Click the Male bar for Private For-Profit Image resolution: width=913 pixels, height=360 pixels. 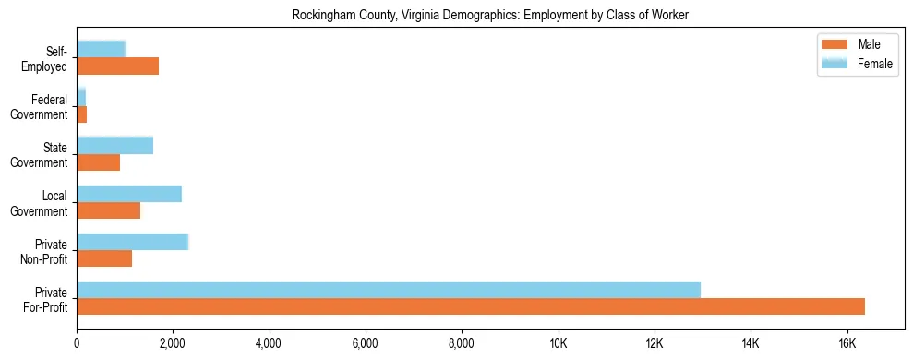[x=471, y=306]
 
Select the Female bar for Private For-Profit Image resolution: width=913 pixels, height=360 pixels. [x=389, y=290]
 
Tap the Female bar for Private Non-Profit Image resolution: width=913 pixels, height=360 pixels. [x=132, y=242]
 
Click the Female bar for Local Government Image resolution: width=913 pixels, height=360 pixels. [x=129, y=194]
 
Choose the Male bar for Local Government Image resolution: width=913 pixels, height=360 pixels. [x=108, y=210]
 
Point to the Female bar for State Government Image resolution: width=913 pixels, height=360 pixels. [x=114, y=146]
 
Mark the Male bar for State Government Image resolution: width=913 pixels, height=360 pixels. [x=98, y=162]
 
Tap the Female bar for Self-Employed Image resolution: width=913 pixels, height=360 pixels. [x=101, y=49]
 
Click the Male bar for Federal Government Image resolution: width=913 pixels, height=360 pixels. [x=81, y=114]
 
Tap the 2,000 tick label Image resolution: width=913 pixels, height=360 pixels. [x=173, y=344]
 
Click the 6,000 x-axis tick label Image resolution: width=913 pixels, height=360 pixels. [x=366, y=344]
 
